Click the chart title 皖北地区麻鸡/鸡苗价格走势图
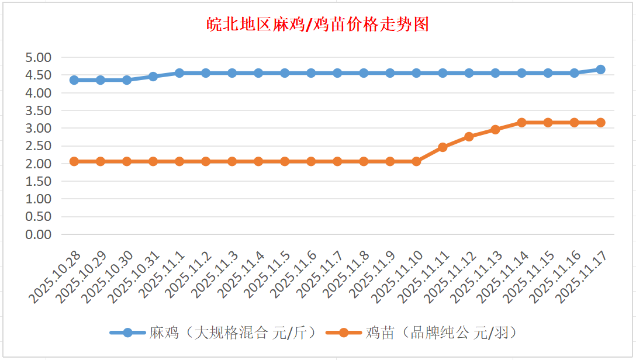pos(318,24)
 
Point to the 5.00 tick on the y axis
pos(39,57)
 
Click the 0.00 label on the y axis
pos(39,234)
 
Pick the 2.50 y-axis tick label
pos(39,146)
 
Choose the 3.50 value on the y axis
pos(39,110)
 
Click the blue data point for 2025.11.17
pos(600,70)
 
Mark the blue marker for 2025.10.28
pos(74,80)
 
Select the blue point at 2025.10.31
pos(153,77)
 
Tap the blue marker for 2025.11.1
pos(179,73)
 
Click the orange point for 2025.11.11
pos(443,147)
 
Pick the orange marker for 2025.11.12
pos(469,137)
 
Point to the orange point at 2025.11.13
pos(495,130)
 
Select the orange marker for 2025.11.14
pos(521,123)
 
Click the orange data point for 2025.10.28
pos(74,161)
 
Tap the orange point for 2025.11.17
pos(600,123)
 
